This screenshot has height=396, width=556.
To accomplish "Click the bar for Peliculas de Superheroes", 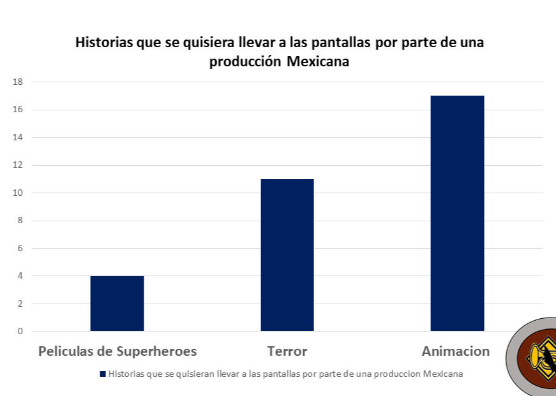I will click(x=117, y=304).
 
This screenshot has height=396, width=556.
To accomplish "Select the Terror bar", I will click(x=287, y=255).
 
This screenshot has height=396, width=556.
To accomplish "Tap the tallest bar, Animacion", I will click(x=457, y=214).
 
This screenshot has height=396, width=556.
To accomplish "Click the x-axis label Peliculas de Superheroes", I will click(x=117, y=351).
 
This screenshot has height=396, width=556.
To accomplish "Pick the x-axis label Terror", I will click(x=287, y=351).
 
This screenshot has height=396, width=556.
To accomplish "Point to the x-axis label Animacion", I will click(x=456, y=351).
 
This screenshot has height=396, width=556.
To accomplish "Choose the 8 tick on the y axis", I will click(x=20, y=221).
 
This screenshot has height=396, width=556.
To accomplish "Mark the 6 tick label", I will click(x=20, y=249).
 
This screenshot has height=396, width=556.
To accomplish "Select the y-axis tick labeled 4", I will click(x=20, y=276).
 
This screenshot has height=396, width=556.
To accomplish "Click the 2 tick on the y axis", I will click(x=20, y=304).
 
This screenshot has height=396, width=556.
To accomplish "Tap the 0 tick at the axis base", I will click(x=20, y=331).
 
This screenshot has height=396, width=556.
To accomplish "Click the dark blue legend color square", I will click(x=103, y=374).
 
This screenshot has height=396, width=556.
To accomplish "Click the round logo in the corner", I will click(x=533, y=357).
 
